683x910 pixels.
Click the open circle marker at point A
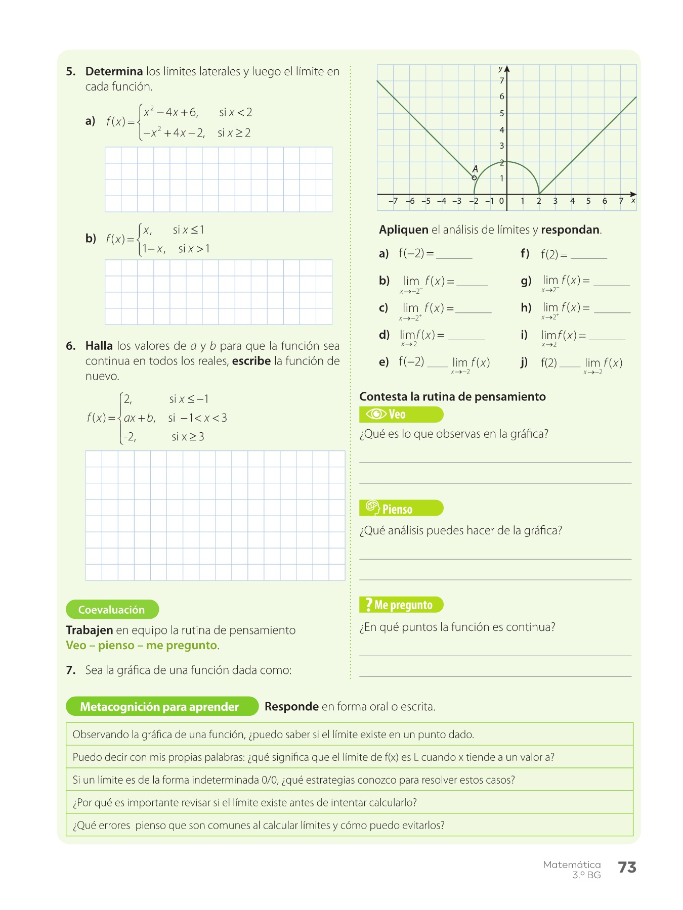(474, 178)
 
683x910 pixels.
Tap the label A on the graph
(475, 169)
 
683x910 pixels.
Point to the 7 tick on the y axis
(502, 81)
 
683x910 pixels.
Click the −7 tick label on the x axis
(393, 201)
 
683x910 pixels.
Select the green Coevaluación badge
(112, 610)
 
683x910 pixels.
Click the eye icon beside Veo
(376, 415)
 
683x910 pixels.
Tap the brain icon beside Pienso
(372, 508)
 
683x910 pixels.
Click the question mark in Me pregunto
(369, 605)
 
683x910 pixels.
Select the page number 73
(627, 868)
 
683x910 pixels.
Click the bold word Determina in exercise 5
(114, 72)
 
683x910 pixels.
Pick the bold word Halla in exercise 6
(99, 346)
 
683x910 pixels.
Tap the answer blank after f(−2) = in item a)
(454, 255)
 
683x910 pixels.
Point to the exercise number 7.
(71, 670)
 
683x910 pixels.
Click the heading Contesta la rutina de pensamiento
(452, 397)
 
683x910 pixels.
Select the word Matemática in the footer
(572, 864)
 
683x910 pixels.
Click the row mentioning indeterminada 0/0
(349, 780)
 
